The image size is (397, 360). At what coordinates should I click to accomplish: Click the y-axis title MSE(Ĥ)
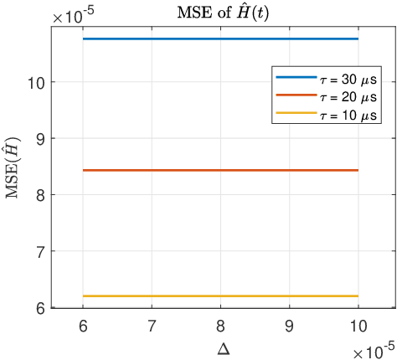[14, 170]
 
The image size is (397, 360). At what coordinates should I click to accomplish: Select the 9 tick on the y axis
[40, 138]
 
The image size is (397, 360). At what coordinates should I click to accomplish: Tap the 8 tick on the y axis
[40, 195]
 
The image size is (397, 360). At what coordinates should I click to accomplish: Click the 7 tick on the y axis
[40, 251]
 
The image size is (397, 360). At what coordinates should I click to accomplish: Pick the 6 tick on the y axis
[40, 307]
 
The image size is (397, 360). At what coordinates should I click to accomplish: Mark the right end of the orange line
[358, 170]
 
